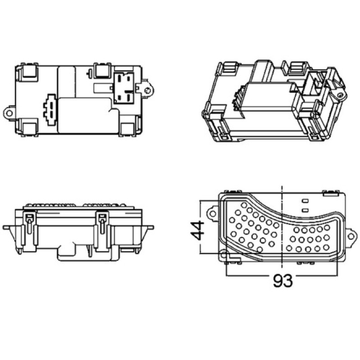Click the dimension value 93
(283, 280)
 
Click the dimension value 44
(198, 230)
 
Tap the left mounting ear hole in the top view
(9, 113)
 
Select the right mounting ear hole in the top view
(148, 90)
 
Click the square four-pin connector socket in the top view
(124, 87)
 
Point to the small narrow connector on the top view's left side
(51, 110)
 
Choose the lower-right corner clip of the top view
(128, 129)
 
